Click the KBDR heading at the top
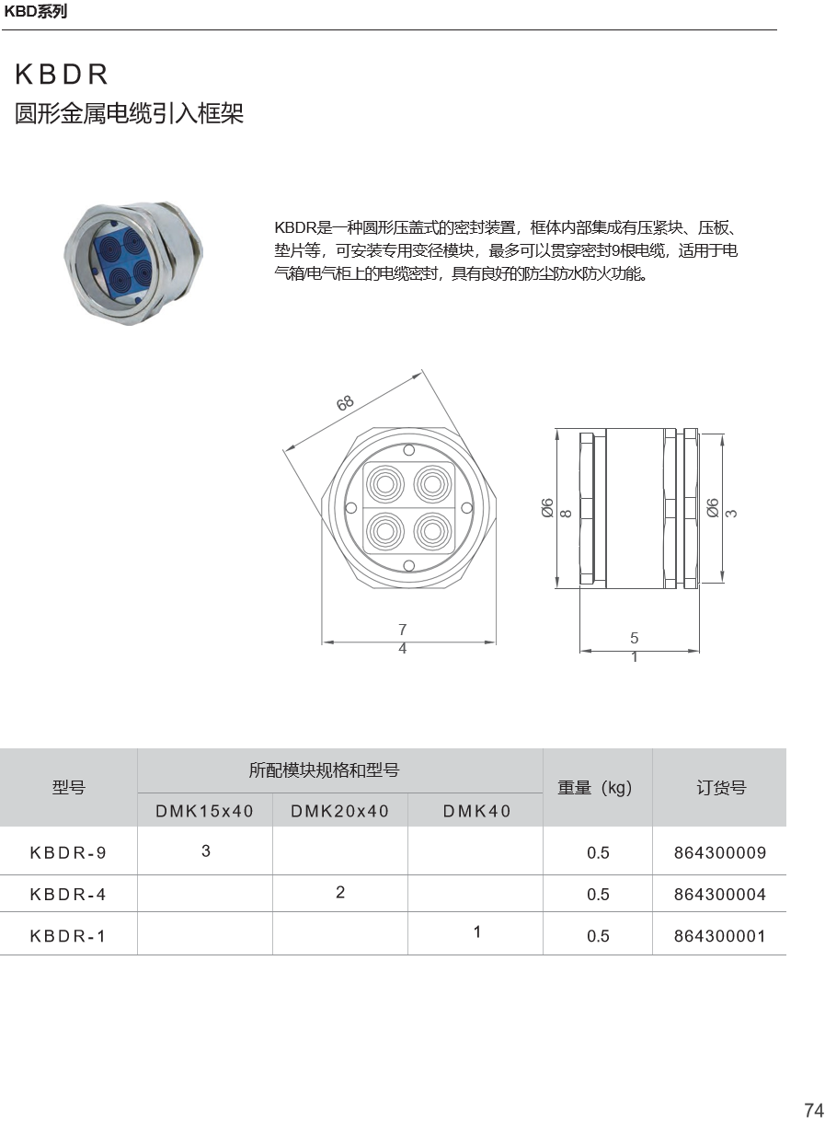click(x=62, y=75)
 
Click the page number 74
click(x=814, y=1110)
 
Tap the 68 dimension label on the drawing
click(x=345, y=403)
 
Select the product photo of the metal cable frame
click(x=133, y=263)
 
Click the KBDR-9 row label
click(x=68, y=852)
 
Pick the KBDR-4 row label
click(x=68, y=894)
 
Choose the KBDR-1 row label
click(x=68, y=935)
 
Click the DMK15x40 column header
click(x=204, y=811)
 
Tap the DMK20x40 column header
click(x=340, y=811)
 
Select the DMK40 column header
click(x=476, y=811)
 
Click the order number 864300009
click(x=720, y=852)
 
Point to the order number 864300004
click(x=720, y=894)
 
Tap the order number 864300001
click(x=720, y=935)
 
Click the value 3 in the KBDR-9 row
click(x=205, y=850)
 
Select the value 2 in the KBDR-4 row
click(x=340, y=892)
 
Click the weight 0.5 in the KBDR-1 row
click(x=598, y=935)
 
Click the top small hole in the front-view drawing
click(x=409, y=450)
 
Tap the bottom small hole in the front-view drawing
click(x=409, y=565)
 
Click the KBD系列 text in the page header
click(x=35, y=12)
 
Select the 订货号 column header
click(x=721, y=787)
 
